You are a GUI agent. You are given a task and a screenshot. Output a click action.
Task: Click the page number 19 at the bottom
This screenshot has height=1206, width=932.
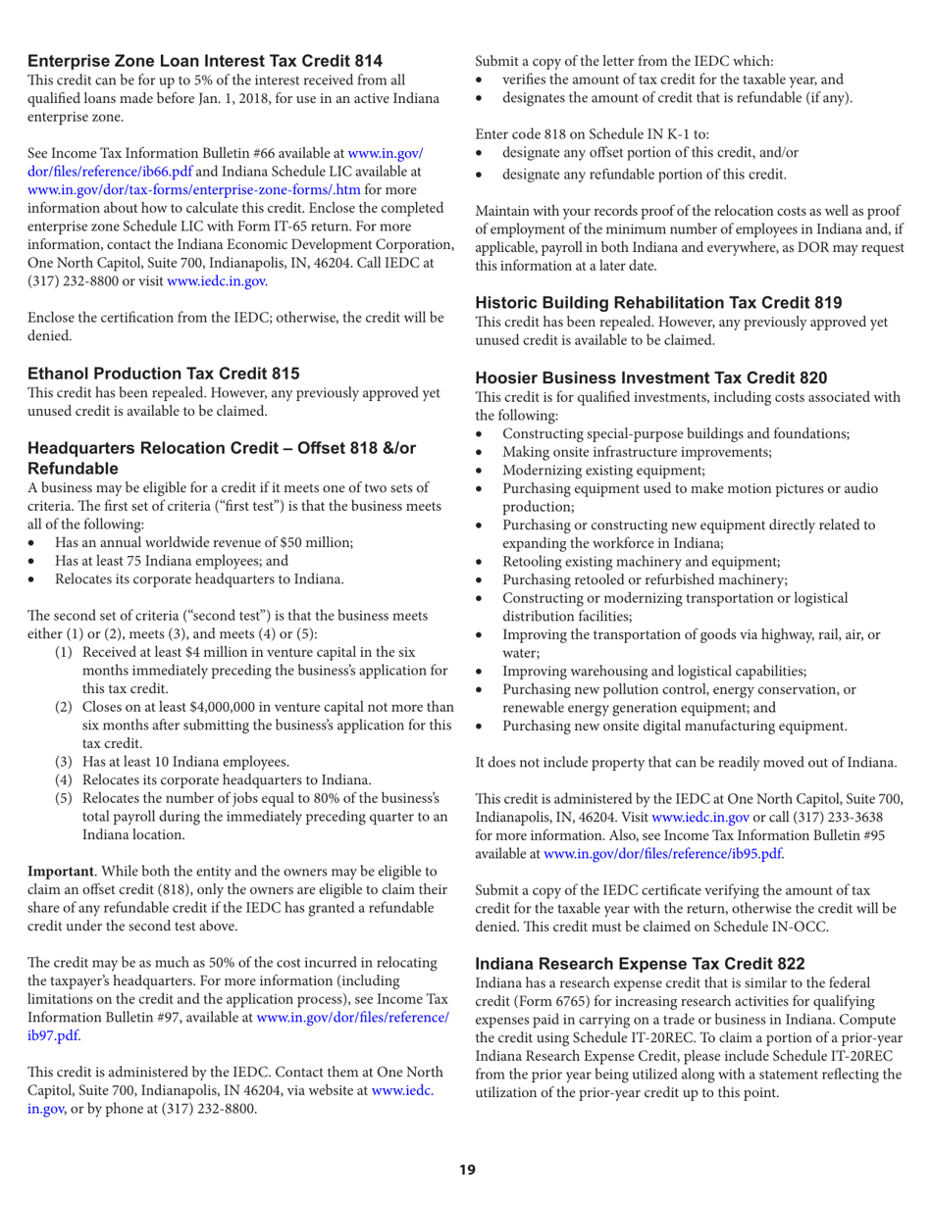[469, 1169]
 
